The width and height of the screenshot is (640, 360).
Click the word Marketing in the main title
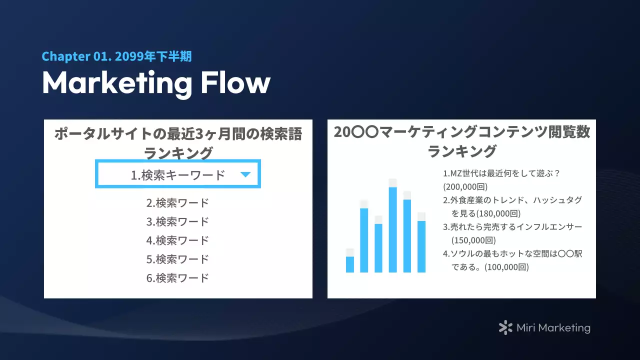point(117,83)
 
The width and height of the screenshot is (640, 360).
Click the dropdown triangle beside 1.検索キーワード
point(245,174)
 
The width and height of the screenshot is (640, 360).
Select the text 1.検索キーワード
point(178,175)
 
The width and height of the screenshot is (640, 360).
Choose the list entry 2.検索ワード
point(177,203)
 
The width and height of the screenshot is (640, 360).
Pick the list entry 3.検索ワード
point(177,222)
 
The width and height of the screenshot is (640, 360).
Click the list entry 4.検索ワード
point(177,240)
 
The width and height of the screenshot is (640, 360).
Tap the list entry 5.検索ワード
point(177,259)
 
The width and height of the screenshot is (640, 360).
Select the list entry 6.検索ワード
point(177,278)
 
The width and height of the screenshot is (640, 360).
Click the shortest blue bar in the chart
point(350,264)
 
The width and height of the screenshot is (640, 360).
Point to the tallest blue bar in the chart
point(393,230)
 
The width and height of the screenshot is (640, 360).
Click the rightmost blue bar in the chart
point(421,246)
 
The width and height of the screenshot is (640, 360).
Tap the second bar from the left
point(364,240)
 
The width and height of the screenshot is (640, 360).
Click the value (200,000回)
point(465,187)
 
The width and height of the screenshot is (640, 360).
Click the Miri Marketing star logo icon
point(505,328)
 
